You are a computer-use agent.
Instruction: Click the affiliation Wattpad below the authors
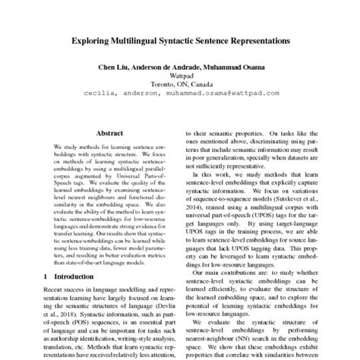(x=180, y=77)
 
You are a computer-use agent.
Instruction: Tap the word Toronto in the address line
(x=162, y=85)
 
